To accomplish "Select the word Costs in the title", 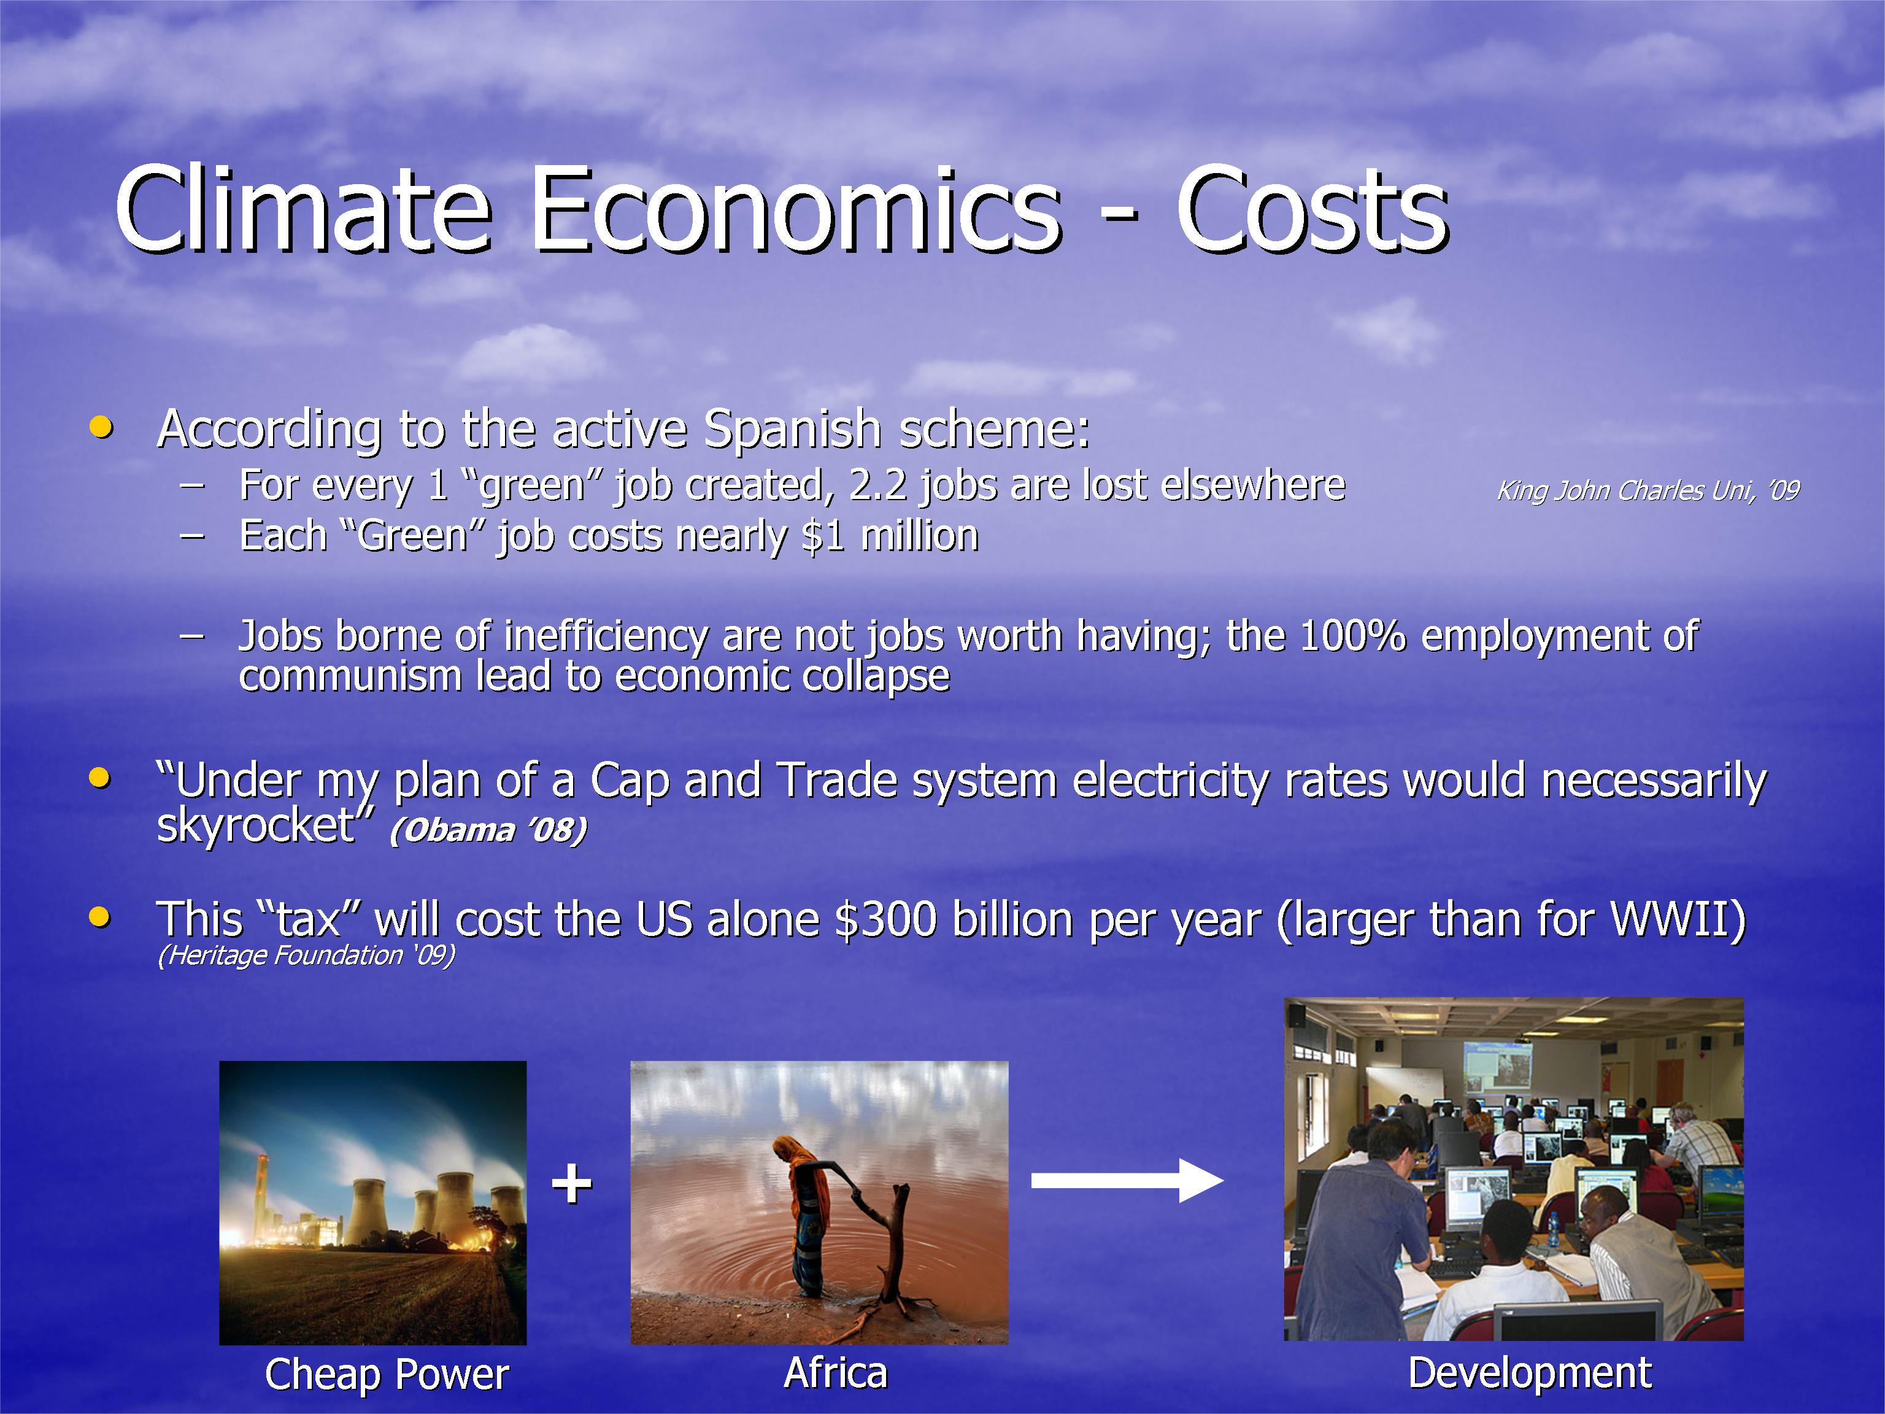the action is [x=1313, y=211].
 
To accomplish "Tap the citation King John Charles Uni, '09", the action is [x=1648, y=491].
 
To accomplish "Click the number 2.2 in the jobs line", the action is [x=877, y=485].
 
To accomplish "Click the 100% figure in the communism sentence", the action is [x=1352, y=636].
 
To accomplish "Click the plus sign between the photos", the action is [x=571, y=1183].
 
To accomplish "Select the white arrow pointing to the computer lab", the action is [x=1127, y=1180].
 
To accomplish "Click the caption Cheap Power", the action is [x=387, y=1374].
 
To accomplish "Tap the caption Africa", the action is [x=836, y=1372].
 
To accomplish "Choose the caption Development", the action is [x=1530, y=1372].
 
